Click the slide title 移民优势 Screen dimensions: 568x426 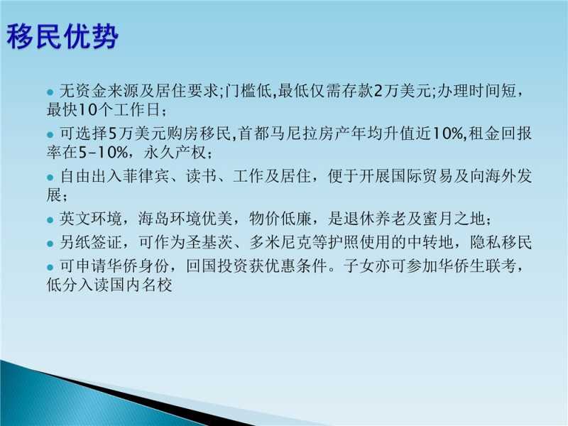62,36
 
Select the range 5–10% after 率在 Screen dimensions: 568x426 103,153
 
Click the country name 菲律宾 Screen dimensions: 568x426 146,176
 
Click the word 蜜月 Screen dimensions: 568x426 438,219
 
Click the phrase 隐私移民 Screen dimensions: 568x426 501,242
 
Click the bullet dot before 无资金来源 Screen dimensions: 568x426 50,92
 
